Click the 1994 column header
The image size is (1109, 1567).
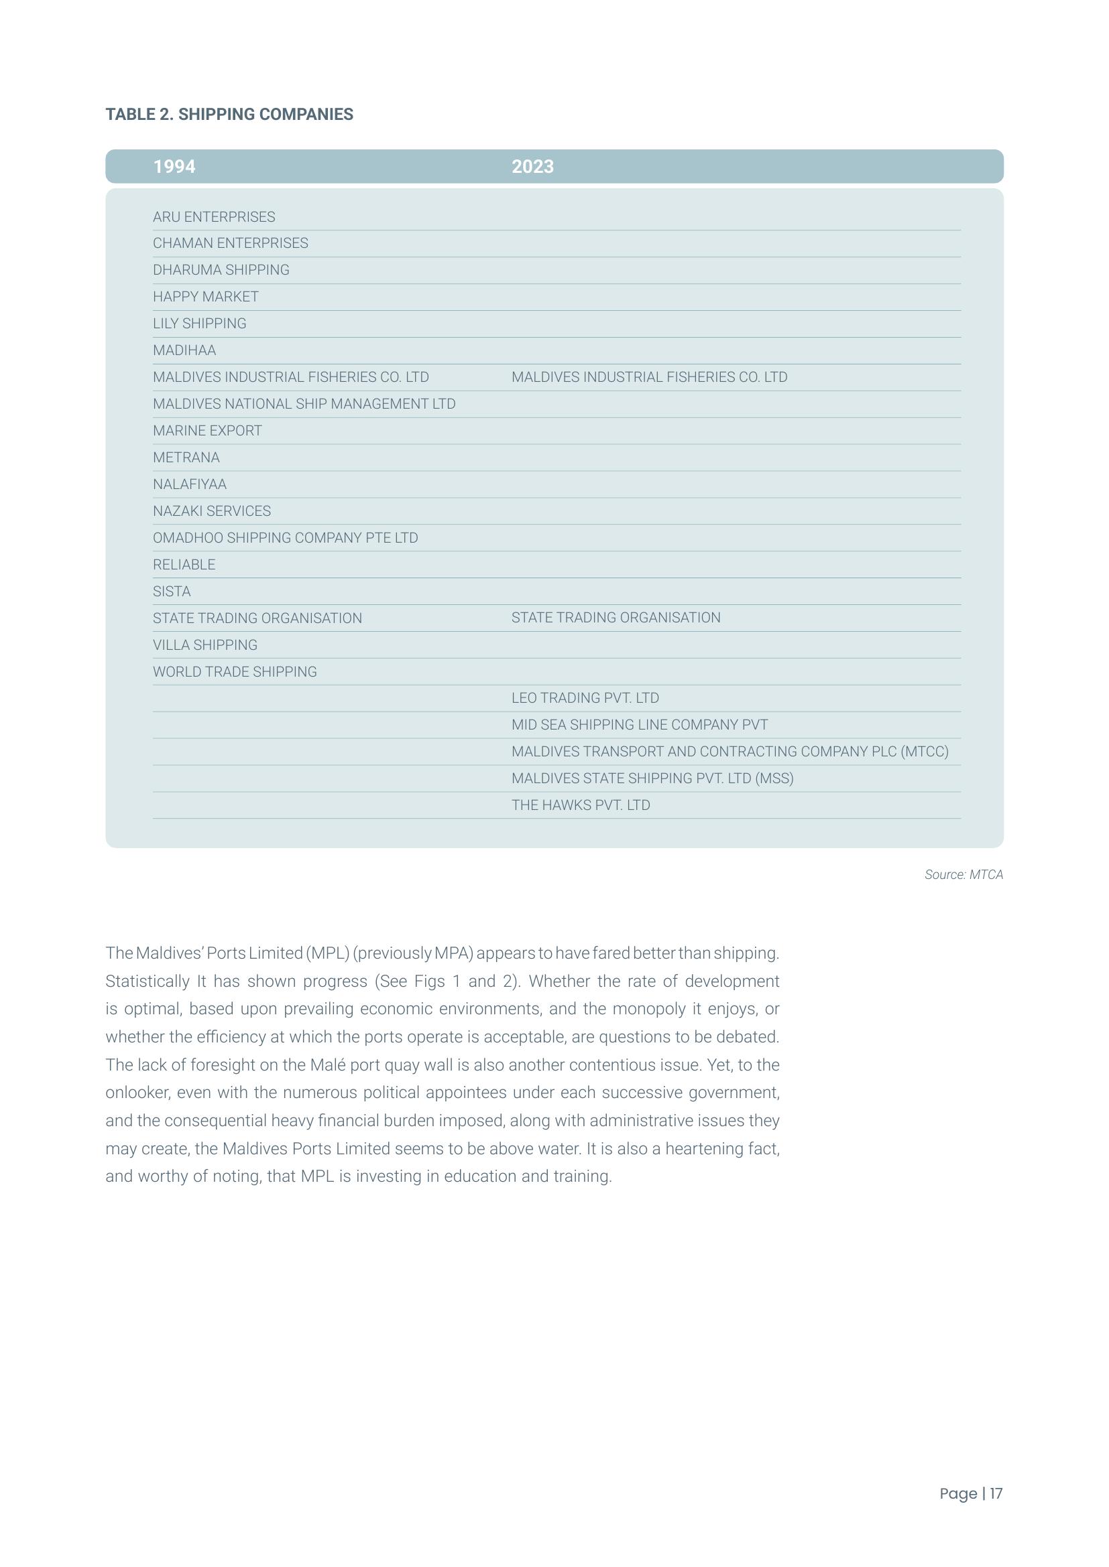(x=174, y=167)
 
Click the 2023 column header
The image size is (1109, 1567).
(x=532, y=167)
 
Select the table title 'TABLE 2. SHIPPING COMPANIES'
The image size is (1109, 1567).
(x=229, y=114)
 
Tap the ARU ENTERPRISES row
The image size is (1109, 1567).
(x=214, y=217)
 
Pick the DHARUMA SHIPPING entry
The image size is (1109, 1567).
(x=221, y=270)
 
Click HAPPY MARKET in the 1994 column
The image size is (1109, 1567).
(x=206, y=297)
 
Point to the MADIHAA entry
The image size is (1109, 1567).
(x=184, y=351)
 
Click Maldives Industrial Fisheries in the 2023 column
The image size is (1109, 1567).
(x=650, y=377)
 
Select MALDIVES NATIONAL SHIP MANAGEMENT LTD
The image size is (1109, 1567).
(x=304, y=404)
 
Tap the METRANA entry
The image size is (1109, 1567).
(x=186, y=458)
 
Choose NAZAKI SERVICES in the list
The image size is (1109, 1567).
(x=212, y=511)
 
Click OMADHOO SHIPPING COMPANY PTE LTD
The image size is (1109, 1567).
(x=286, y=538)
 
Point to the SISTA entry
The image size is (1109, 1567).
(x=172, y=592)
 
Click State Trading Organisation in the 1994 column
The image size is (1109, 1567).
(x=257, y=618)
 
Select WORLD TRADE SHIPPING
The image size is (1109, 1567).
(x=235, y=672)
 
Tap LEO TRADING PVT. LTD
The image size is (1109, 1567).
(x=585, y=698)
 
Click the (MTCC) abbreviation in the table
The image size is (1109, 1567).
(x=925, y=752)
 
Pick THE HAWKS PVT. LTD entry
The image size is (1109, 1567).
(x=581, y=805)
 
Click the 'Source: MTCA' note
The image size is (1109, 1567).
(x=964, y=875)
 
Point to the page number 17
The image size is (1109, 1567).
(x=996, y=1493)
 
